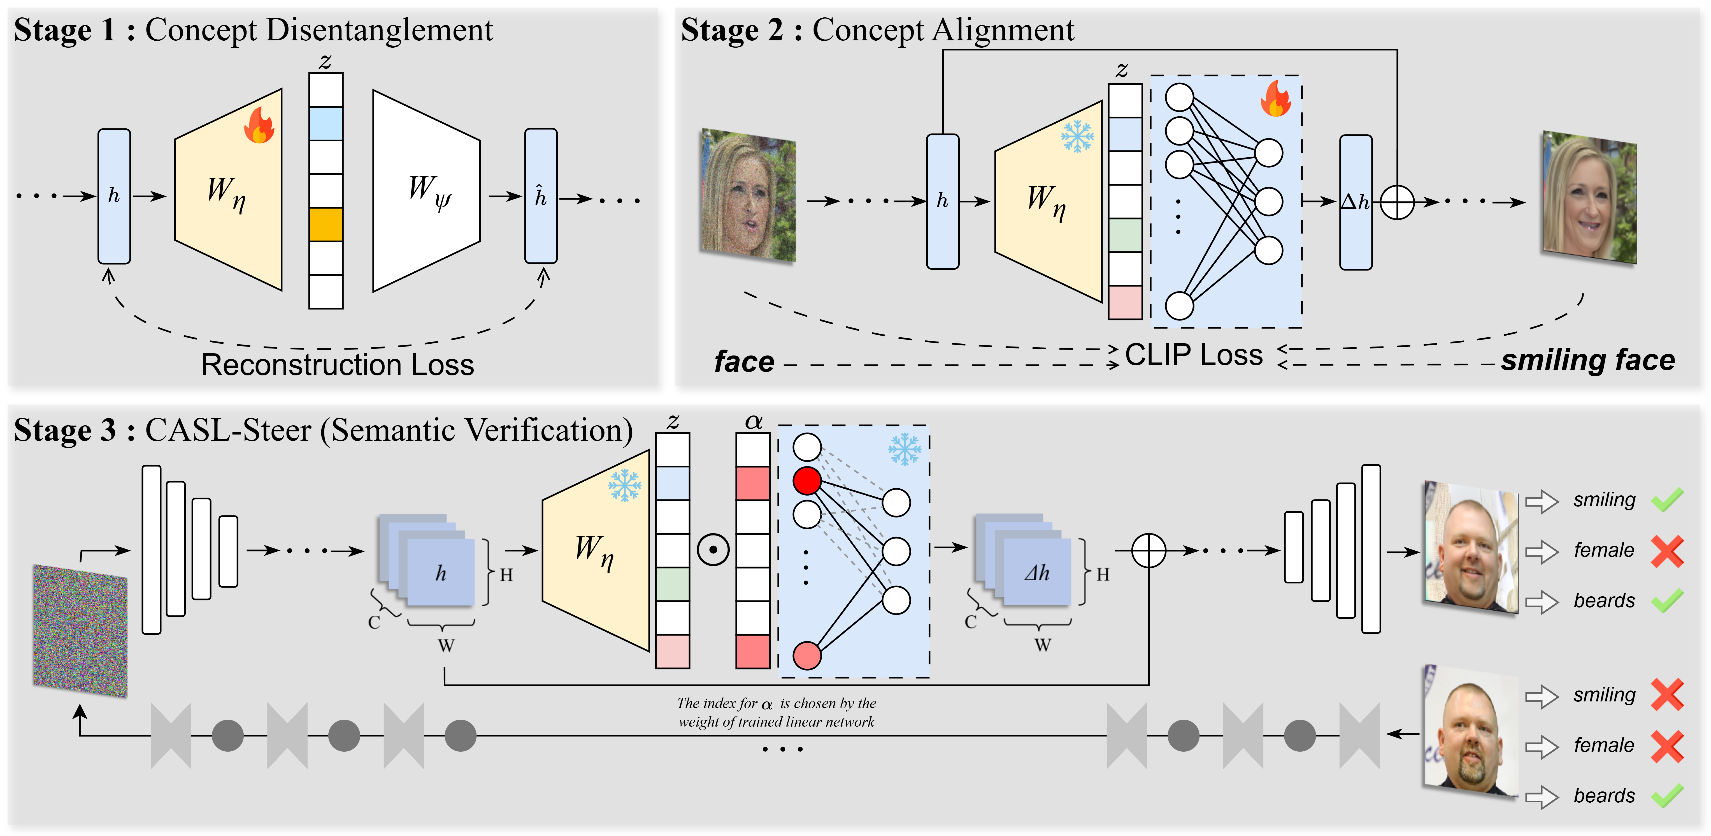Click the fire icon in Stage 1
tap(259, 126)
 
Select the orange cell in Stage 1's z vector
tap(326, 225)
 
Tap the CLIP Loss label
tap(1194, 355)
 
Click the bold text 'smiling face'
tap(1587, 360)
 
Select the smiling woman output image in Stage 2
tap(1589, 198)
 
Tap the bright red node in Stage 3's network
tap(807, 480)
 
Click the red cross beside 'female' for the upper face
tap(1667, 551)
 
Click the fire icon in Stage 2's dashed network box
tap(1275, 99)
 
